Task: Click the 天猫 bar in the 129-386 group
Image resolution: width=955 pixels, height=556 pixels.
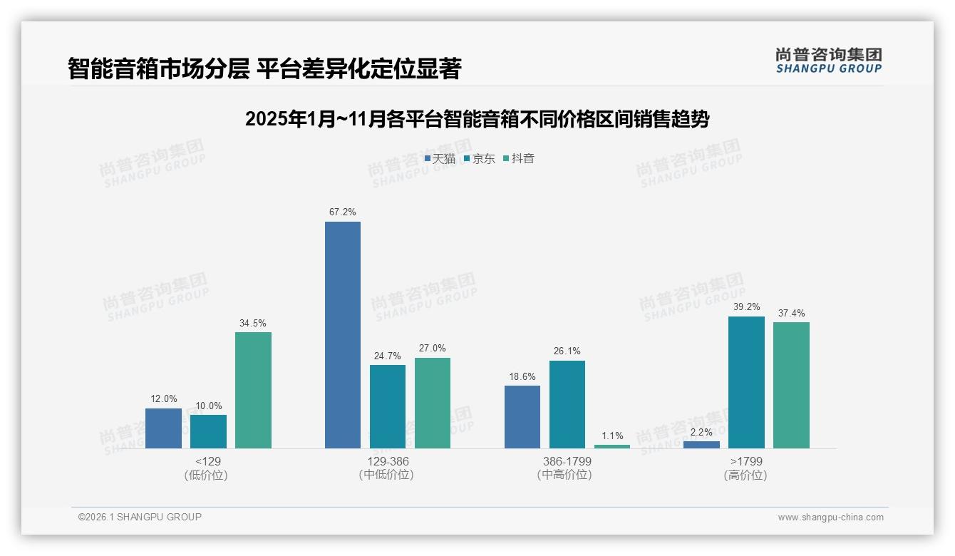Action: pyautogui.click(x=343, y=335)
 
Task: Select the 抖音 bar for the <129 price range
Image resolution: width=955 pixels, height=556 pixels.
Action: pyautogui.click(x=253, y=390)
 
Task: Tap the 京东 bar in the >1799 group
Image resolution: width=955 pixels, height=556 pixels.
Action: pyautogui.click(x=746, y=382)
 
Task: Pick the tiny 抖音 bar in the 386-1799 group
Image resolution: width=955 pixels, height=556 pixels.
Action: pyautogui.click(x=612, y=446)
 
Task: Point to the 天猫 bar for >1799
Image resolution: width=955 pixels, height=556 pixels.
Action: pyautogui.click(x=701, y=444)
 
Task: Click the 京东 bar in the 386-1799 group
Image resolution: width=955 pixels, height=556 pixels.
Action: pyautogui.click(x=567, y=404)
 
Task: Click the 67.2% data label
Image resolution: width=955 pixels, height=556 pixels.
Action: pyautogui.click(x=343, y=212)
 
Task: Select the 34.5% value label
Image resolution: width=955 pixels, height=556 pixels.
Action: pyautogui.click(x=253, y=323)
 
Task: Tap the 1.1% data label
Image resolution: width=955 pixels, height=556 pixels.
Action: pyautogui.click(x=612, y=436)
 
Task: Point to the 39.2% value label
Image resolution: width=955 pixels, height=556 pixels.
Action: pyautogui.click(x=746, y=307)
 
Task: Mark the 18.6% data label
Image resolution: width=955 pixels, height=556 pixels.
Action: pyautogui.click(x=522, y=376)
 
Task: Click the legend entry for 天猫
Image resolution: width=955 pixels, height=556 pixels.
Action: pyautogui.click(x=440, y=159)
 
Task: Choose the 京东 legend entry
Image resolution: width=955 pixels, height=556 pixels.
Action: pyautogui.click(x=480, y=159)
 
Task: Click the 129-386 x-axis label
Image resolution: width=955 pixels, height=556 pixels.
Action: pyautogui.click(x=388, y=461)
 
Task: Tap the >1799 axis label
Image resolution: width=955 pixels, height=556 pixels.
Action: pyautogui.click(x=745, y=461)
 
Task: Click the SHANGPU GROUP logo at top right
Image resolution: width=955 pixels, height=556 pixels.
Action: pyautogui.click(x=828, y=61)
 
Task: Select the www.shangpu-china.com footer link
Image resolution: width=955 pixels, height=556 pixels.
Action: pyautogui.click(x=830, y=518)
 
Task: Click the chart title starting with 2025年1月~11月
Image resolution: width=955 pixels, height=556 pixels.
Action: pyautogui.click(x=477, y=119)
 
